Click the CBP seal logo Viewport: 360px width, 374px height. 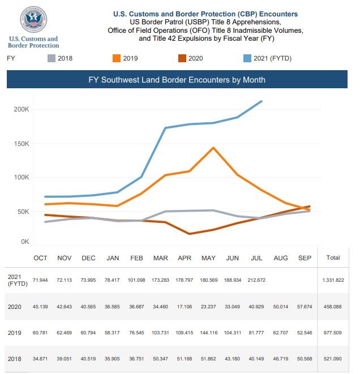pos(33,19)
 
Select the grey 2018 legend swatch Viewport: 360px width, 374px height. pos(52,58)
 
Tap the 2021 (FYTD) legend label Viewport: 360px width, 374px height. pos(272,58)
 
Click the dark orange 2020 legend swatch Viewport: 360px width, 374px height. pos(182,58)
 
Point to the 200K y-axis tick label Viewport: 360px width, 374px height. pos(22,109)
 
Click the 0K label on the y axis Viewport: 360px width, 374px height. pos(25,242)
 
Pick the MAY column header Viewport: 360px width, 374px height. pos(208,258)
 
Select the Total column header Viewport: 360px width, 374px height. pos(333,257)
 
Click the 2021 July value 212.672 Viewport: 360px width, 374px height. pos(256,280)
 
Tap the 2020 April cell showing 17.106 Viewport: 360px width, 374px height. pos(185,307)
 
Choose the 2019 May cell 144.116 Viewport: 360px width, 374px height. pos(209,333)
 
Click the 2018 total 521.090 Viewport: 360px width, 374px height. pos(333,359)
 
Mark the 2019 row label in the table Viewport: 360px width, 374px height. pos(15,333)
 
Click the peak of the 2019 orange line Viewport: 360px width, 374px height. pos(213,148)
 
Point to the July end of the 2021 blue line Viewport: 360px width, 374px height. pos(262,101)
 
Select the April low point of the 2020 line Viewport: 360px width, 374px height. pos(190,234)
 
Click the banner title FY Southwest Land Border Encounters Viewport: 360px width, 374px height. pos(177,80)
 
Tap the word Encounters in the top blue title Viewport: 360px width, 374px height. pos(278,14)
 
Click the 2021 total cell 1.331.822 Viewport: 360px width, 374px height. pos(333,280)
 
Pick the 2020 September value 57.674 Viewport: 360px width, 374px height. pos(305,307)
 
